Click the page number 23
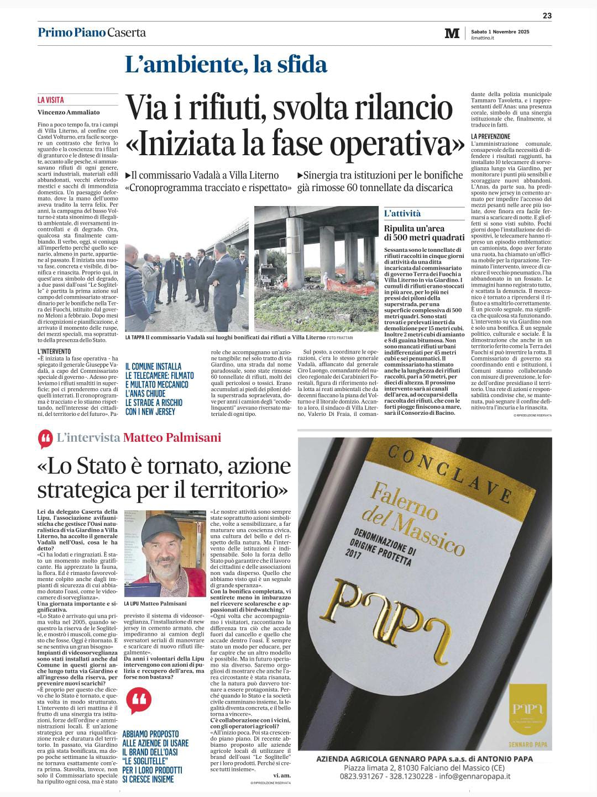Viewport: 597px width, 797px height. point(547,15)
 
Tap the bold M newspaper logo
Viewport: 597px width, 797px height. point(452,33)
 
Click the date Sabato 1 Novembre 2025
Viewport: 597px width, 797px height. point(500,31)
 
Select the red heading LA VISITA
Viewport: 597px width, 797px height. point(51,100)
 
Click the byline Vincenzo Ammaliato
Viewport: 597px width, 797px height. point(69,112)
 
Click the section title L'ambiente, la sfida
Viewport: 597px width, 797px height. point(226,65)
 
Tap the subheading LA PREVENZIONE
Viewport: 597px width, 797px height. point(490,136)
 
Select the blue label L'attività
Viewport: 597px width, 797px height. point(402,213)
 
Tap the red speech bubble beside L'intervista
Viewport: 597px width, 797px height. point(45,439)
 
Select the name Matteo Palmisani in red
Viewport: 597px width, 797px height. point(172,437)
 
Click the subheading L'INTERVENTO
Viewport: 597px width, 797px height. point(54,351)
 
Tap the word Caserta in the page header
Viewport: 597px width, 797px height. point(127,32)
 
